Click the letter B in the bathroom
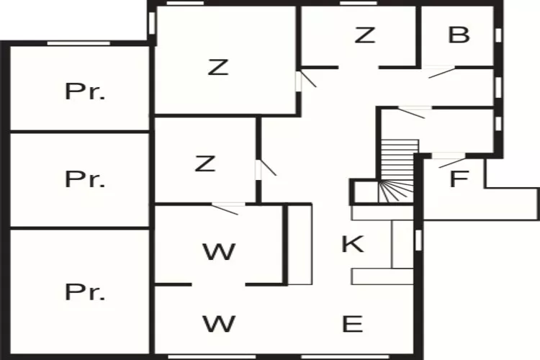459,35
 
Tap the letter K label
353,243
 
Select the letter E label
352,324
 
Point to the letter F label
459,179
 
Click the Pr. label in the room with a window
85,91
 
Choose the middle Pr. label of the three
85,179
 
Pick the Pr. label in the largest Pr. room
85,292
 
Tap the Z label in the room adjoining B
365,35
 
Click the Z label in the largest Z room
218,67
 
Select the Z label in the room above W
205,163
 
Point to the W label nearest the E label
219,324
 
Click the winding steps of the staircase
396,192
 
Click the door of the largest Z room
306,80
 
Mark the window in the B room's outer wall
498,35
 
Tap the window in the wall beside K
418,240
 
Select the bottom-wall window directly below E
345,357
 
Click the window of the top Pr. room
79,43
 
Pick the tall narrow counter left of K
300,245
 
